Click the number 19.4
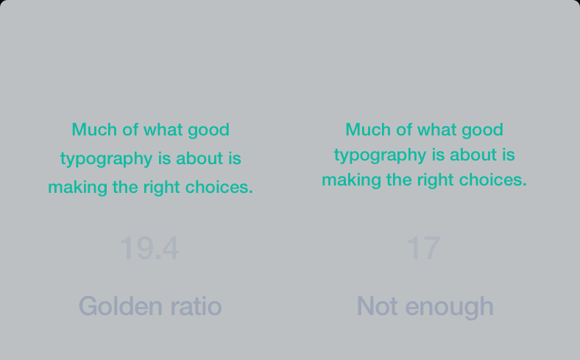(149, 248)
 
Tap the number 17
(423, 248)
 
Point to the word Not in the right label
(377, 306)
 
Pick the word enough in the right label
(450, 308)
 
